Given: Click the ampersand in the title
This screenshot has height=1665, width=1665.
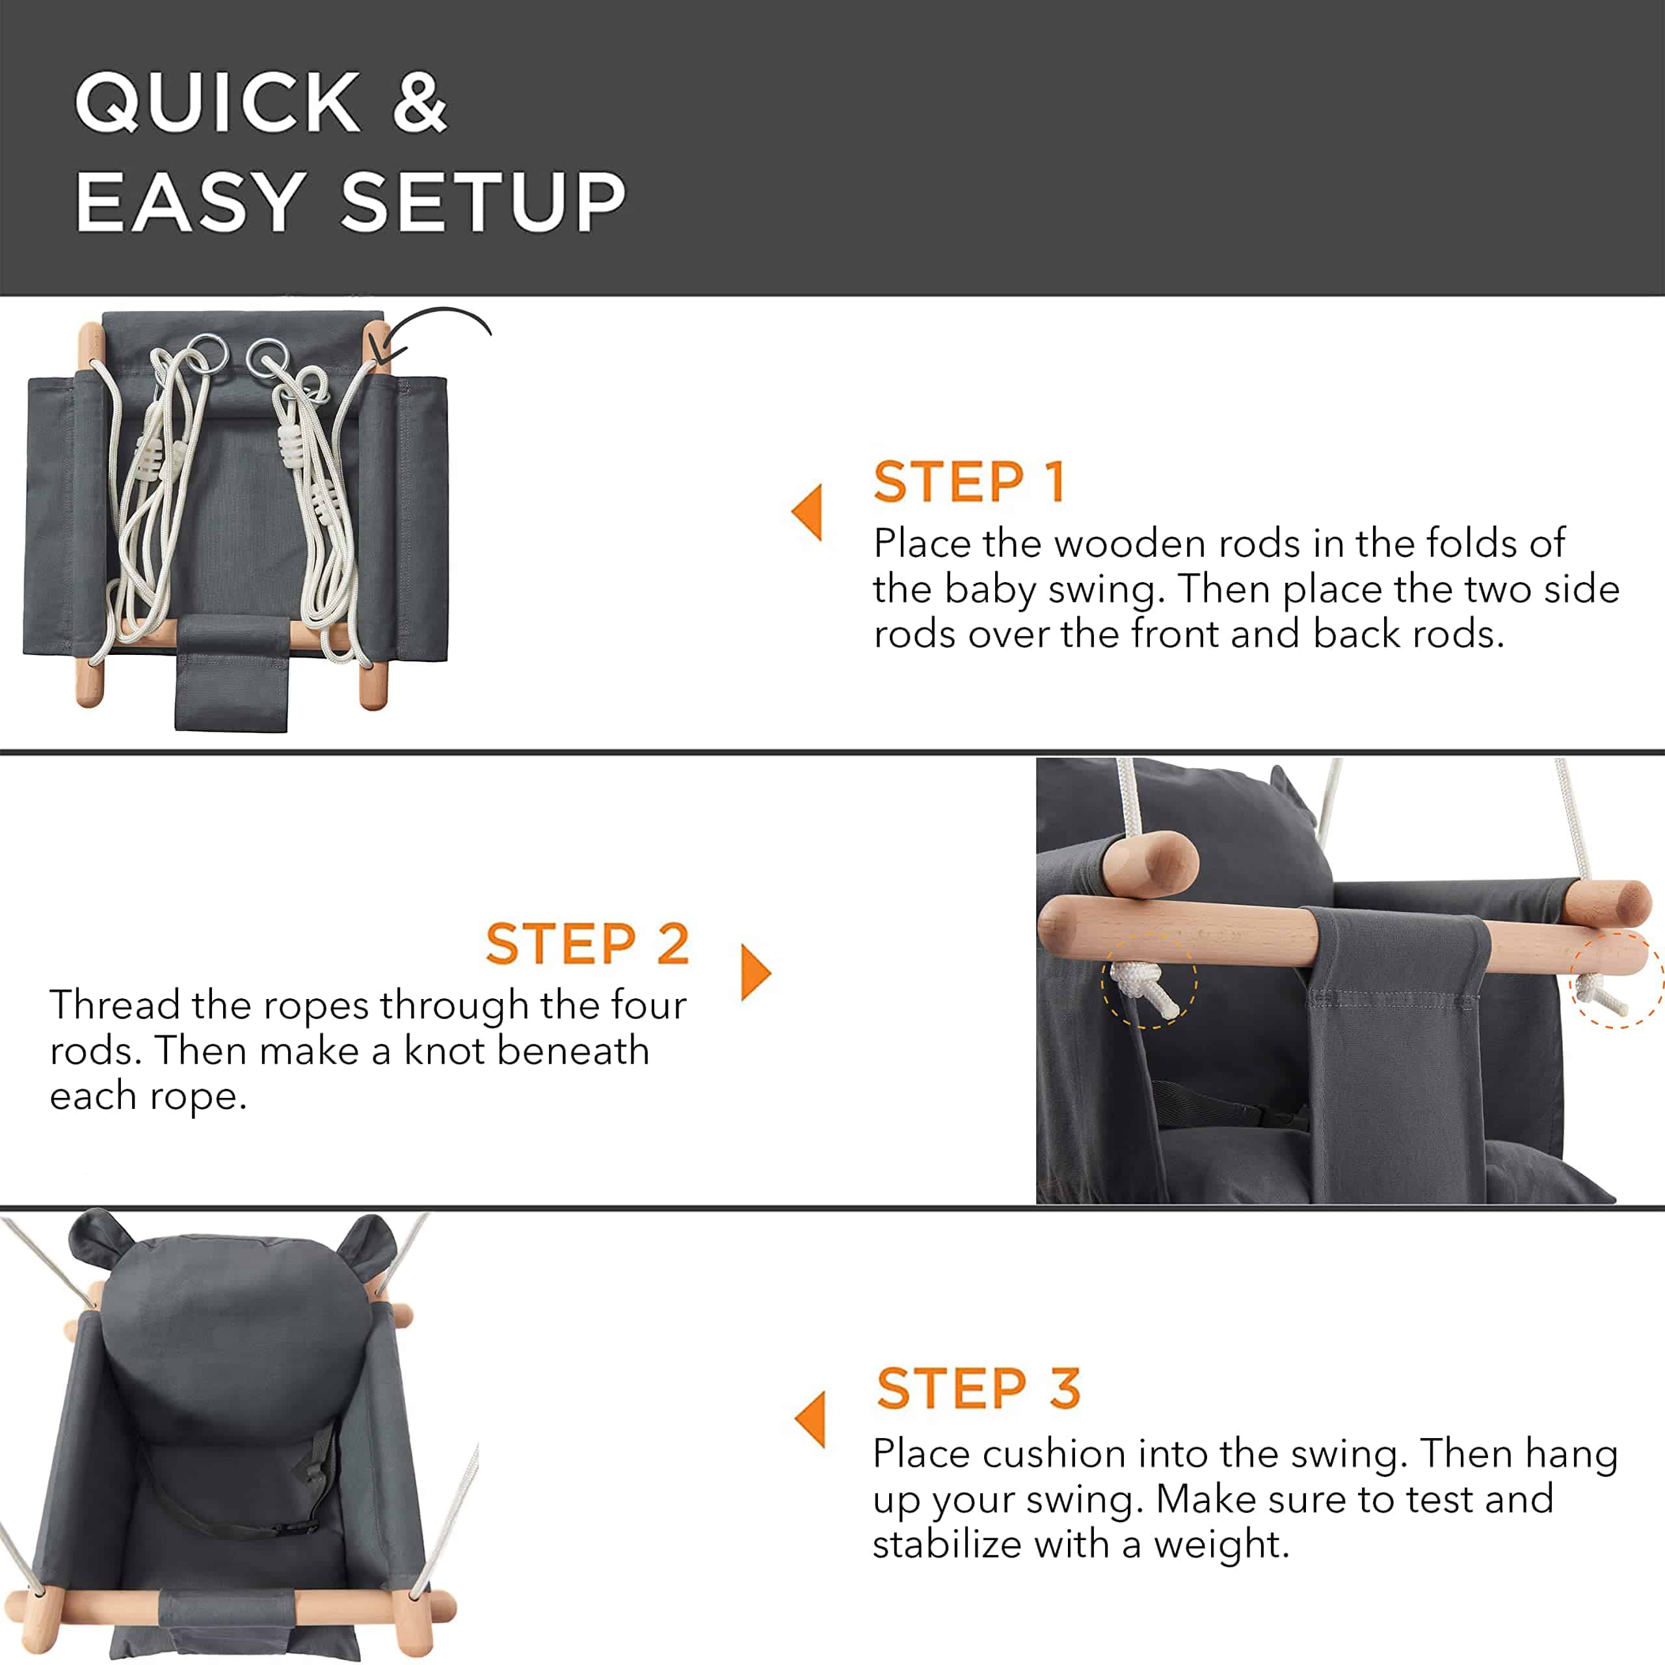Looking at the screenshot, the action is click(420, 101).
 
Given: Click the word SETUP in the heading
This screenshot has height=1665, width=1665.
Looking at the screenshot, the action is click(483, 202).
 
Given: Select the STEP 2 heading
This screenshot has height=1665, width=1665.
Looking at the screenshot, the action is click(588, 943).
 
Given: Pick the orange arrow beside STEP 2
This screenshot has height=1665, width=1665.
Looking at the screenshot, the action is click(756, 972).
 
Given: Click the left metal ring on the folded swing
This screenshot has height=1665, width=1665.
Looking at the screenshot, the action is click(205, 353).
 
